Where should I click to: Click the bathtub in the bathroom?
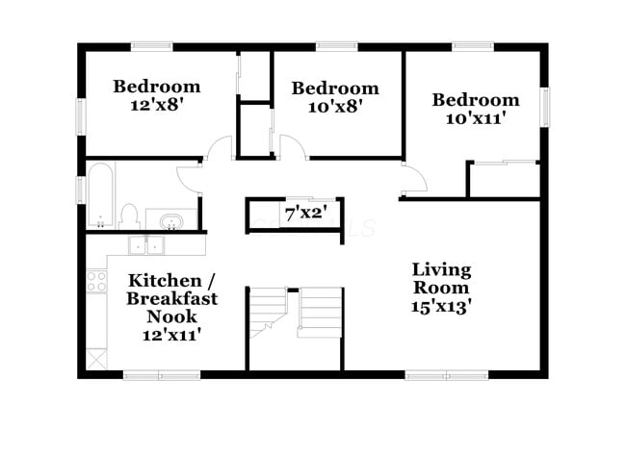click(x=100, y=196)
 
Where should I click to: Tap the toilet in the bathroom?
click(x=130, y=215)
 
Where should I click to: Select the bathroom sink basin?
click(x=171, y=222)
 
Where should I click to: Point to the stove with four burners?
click(x=97, y=281)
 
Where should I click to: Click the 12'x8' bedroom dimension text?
click(x=156, y=105)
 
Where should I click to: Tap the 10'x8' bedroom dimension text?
click(x=334, y=106)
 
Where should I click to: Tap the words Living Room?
click(x=441, y=277)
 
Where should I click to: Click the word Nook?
click(x=171, y=316)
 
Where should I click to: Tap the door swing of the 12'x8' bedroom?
click(x=221, y=149)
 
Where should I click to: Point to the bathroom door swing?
click(x=190, y=178)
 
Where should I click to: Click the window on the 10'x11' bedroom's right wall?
click(x=544, y=106)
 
